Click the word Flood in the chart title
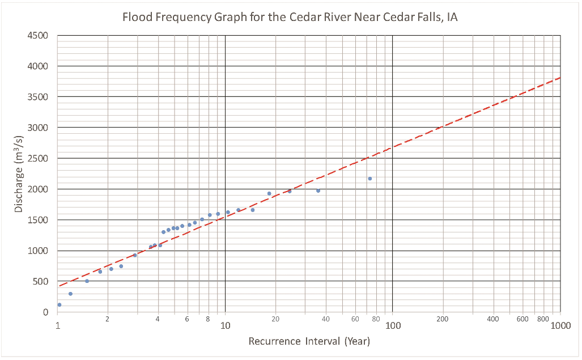[136, 17]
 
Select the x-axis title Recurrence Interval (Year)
[309, 341]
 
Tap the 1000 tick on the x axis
[560, 326]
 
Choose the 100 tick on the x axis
[392, 326]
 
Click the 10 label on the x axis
[225, 326]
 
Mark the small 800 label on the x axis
[543, 320]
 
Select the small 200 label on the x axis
[443, 320]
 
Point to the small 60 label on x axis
[355, 320]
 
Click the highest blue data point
[369, 179]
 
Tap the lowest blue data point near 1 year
[59, 305]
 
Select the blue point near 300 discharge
[70, 294]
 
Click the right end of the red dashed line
[560, 78]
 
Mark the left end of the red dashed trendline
[59, 286]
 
